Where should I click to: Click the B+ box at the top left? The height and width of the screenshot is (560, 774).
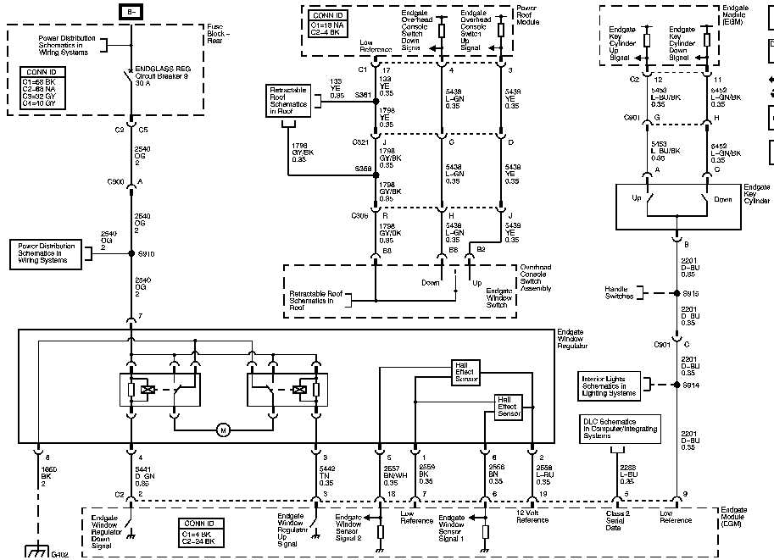(x=131, y=12)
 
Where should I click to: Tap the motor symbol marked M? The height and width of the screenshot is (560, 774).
(x=224, y=430)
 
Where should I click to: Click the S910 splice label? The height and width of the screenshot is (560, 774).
(x=146, y=253)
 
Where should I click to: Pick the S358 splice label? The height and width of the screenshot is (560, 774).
(x=363, y=169)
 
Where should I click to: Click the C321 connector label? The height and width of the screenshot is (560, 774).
(x=361, y=142)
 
